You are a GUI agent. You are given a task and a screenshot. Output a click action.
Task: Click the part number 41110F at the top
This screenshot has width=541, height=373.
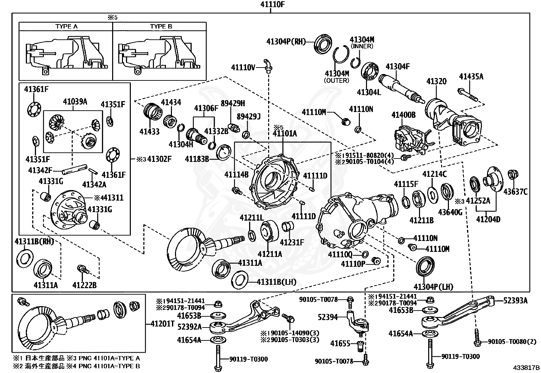coord(272,4)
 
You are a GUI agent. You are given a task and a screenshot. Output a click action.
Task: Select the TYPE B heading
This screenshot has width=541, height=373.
coord(161,26)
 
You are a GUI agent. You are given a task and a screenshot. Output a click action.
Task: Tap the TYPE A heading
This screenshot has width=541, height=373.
coord(66,26)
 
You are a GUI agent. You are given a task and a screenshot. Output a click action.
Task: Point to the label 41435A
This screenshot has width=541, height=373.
coord(471,76)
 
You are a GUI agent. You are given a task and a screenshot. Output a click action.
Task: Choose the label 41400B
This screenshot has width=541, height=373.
coord(404,115)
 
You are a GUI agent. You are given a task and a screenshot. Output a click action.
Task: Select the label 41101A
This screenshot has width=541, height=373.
coord(285,133)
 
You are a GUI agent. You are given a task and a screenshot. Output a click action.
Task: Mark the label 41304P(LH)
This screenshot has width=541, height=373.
coord(433,287)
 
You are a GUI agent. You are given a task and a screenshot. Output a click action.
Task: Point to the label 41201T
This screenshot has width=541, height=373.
coord(162,324)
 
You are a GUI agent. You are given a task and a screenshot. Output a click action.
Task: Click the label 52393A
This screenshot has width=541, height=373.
coord(516,301)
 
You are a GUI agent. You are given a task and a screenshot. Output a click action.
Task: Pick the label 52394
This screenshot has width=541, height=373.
coord(328,317)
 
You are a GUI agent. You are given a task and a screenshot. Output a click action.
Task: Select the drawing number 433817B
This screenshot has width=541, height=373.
coord(526,368)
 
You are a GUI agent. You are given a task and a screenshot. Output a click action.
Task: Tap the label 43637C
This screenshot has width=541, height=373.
coord(516,192)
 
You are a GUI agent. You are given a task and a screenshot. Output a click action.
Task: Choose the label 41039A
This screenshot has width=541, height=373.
coord(75,101)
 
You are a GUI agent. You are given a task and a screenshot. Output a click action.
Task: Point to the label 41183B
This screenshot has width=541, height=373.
coord(197,159)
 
